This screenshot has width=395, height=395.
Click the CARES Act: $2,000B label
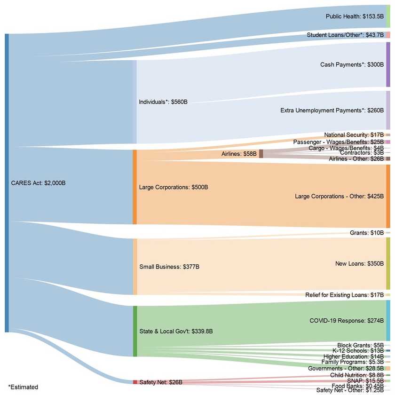point(38,183)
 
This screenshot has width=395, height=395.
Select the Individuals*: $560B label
point(163,102)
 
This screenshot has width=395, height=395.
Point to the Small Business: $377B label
point(169,267)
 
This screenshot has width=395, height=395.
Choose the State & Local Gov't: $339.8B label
point(176,331)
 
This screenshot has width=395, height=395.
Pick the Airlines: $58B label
point(238,154)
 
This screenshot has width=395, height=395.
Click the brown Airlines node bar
point(261,154)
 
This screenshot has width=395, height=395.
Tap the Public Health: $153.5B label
point(355,16)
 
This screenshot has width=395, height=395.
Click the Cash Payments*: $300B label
point(352,64)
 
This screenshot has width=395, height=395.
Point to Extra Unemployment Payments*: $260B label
point(332,111)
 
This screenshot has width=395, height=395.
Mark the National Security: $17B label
point(354,135)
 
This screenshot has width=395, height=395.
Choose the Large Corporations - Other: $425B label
point(339,196)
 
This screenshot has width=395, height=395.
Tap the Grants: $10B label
point(367,233)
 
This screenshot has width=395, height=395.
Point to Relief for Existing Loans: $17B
point(344,295)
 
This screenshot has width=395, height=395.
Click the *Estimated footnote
point(23,387)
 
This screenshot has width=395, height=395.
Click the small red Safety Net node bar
point(135,382)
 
